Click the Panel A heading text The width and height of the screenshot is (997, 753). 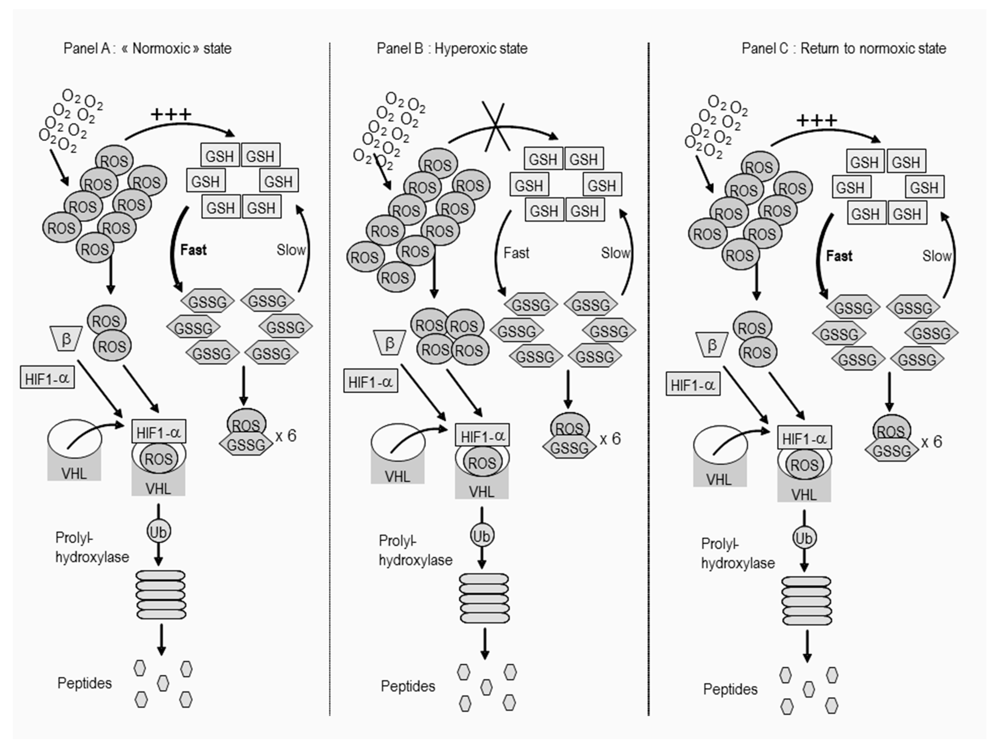[147, 48]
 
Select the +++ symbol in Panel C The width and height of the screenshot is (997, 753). [816, 121]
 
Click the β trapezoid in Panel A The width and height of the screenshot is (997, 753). [66, 338]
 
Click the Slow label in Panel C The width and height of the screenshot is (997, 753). [937, 256]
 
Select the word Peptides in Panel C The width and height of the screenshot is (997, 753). [730, 689]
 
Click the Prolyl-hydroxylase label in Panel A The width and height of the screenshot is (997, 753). [92, 548]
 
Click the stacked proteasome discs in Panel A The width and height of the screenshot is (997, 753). [161, 595]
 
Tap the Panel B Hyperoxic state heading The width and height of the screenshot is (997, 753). [452, 48]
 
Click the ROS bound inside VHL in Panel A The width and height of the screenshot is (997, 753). [159, 459]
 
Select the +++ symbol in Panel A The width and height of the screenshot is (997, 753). [171, 114]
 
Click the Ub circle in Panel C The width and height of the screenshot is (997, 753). [804, 538]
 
